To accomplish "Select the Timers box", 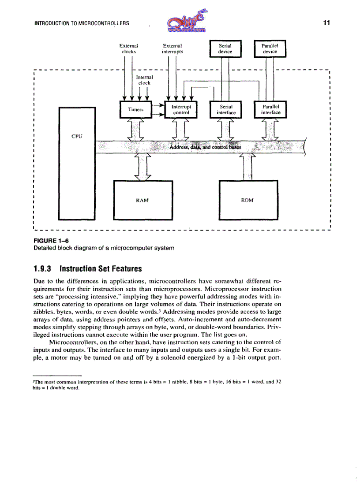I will tap(135, 110).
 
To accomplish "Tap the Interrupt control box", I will tap(181, 110).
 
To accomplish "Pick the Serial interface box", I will tap(226, 110).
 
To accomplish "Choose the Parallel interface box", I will tap(270, 110).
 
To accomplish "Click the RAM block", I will tap(142, 200).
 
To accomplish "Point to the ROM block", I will tap(247, 200).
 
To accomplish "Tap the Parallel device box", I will tap(270, 48).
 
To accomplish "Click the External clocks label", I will tap(129, 48).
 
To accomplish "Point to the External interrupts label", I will tap(172, 48).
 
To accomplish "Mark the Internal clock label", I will tap(144, 80).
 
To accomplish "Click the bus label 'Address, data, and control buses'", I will tap(205, 147).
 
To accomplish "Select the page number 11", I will tap(326, 23).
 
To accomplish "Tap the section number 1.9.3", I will tap(44, 268).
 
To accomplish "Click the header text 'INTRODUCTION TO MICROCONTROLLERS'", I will tap(82, 23).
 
